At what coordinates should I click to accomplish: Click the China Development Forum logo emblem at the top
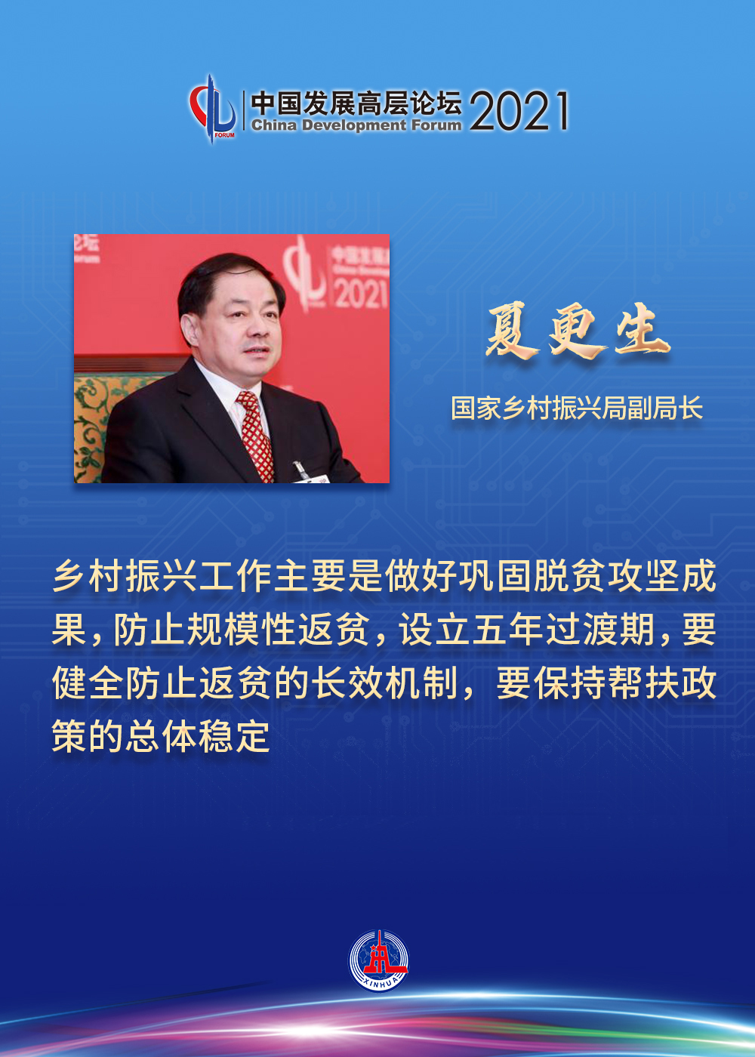[213, 109]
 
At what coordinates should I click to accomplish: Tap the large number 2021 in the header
[519, 111]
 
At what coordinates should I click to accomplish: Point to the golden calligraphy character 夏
[511, 333]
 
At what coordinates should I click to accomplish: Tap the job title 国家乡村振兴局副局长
[577, 408]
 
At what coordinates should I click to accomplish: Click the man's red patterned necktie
[256, 435]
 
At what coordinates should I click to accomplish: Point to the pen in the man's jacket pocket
[299, 467]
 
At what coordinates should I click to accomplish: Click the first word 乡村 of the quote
[88, 577]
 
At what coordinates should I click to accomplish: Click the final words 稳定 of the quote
[234, 737]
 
